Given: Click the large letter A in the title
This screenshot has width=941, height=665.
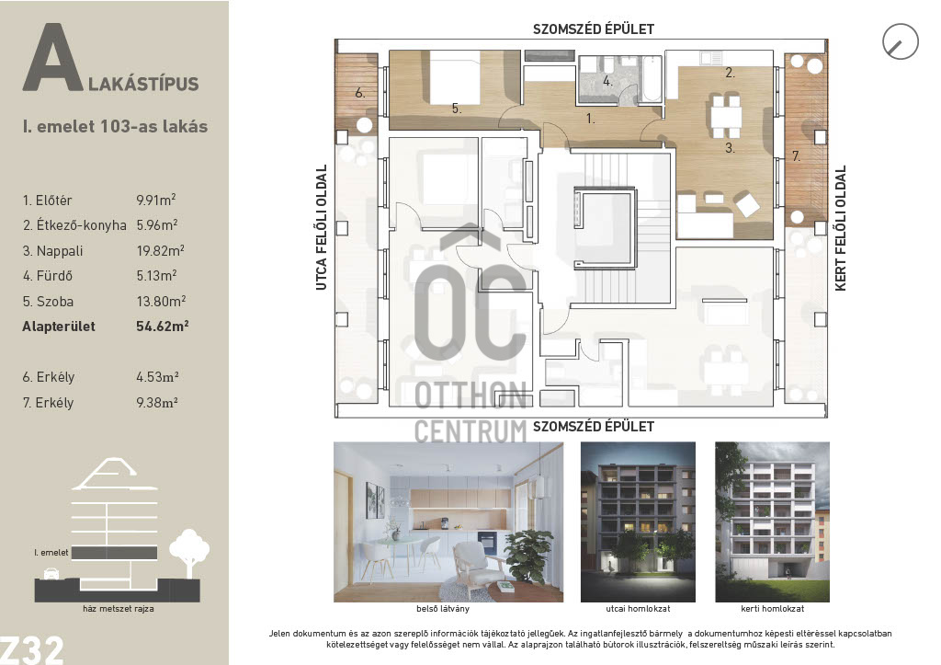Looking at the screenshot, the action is pos(52,58).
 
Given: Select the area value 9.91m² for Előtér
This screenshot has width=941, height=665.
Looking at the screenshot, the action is pos(156,200).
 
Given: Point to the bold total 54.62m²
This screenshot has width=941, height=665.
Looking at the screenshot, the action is pos(162,327).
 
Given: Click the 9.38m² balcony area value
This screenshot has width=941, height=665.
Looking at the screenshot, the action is pos(157,403).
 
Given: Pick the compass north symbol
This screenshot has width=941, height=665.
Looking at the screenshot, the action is pos(901,41).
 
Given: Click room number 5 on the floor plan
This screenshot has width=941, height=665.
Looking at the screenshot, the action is pos(457,109).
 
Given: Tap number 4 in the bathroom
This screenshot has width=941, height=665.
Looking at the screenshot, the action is pos(607,81).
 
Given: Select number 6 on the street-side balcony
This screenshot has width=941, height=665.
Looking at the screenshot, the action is pos(359,93).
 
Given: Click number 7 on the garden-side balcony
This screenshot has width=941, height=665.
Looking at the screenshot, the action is pos(796,156).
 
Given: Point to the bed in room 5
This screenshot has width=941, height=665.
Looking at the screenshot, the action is pos(455,77).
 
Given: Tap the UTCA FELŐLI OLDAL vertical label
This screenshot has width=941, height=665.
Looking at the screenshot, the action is pos(322,228).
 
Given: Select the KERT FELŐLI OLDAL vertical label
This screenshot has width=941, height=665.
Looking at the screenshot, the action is pos(840,228).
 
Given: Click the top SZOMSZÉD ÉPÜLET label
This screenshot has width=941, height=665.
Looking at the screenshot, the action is pos(594,29).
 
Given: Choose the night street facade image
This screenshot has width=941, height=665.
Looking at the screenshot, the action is pos(638,522).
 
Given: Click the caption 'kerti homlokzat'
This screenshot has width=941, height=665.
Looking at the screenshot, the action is pos(772,609).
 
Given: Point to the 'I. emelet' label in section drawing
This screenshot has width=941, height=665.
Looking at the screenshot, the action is pos(51,552).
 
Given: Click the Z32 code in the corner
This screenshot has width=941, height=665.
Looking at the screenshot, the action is pos(31,650).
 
